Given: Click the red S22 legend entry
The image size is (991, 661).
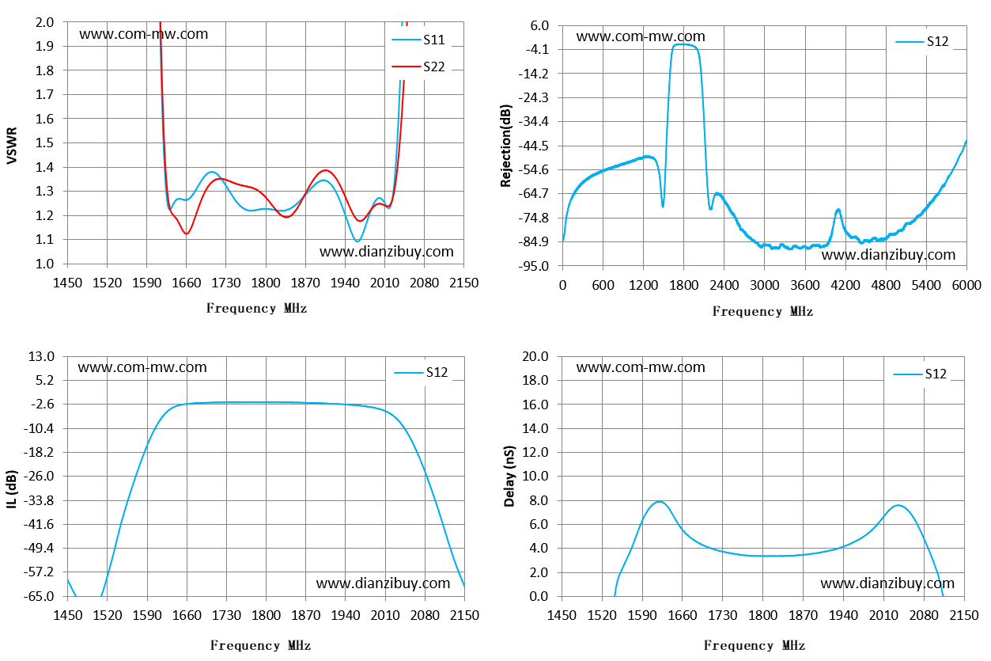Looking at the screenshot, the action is [418, 66].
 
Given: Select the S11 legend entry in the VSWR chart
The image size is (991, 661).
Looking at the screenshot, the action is [418, 40].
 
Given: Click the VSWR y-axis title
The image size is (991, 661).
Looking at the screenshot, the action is [12, 146].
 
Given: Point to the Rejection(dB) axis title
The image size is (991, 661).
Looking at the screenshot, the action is [505, 146].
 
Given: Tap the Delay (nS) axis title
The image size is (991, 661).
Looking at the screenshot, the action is [509, 476].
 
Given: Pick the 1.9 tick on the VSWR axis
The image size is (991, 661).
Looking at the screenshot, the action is [44, 46].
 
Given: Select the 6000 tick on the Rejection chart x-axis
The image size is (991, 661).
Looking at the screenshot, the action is [966, 285].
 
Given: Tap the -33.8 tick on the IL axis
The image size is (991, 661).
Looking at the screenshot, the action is [38, 500].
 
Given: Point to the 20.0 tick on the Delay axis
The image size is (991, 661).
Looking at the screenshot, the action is [535, 356].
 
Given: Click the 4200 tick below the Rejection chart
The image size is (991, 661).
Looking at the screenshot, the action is [845, 285].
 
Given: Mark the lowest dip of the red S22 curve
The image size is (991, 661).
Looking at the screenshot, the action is [187, 234].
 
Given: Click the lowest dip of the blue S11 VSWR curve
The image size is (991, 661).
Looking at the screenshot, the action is [357, 241].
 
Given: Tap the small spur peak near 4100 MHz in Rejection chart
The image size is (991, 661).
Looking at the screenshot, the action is [838, 210].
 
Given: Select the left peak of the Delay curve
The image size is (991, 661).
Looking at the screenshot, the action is [660, 501].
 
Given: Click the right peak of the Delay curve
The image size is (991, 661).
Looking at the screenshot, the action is [898, 505].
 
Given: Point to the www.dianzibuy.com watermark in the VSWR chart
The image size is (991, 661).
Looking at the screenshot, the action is [386, 252].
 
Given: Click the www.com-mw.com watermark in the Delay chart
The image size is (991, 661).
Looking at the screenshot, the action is [641, 367].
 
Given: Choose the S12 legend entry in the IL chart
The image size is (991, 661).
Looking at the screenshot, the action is [421, 372].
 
